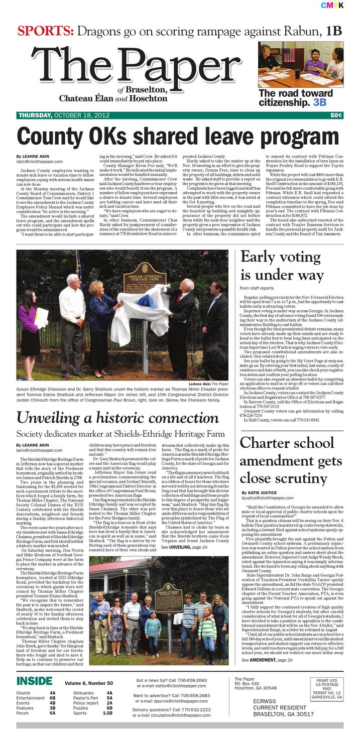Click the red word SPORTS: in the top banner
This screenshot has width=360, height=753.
[46, 31]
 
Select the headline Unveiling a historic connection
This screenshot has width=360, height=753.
[117, 418]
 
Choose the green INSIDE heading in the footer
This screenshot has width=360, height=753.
[34, 681]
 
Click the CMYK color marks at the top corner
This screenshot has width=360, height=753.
[332, 5]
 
